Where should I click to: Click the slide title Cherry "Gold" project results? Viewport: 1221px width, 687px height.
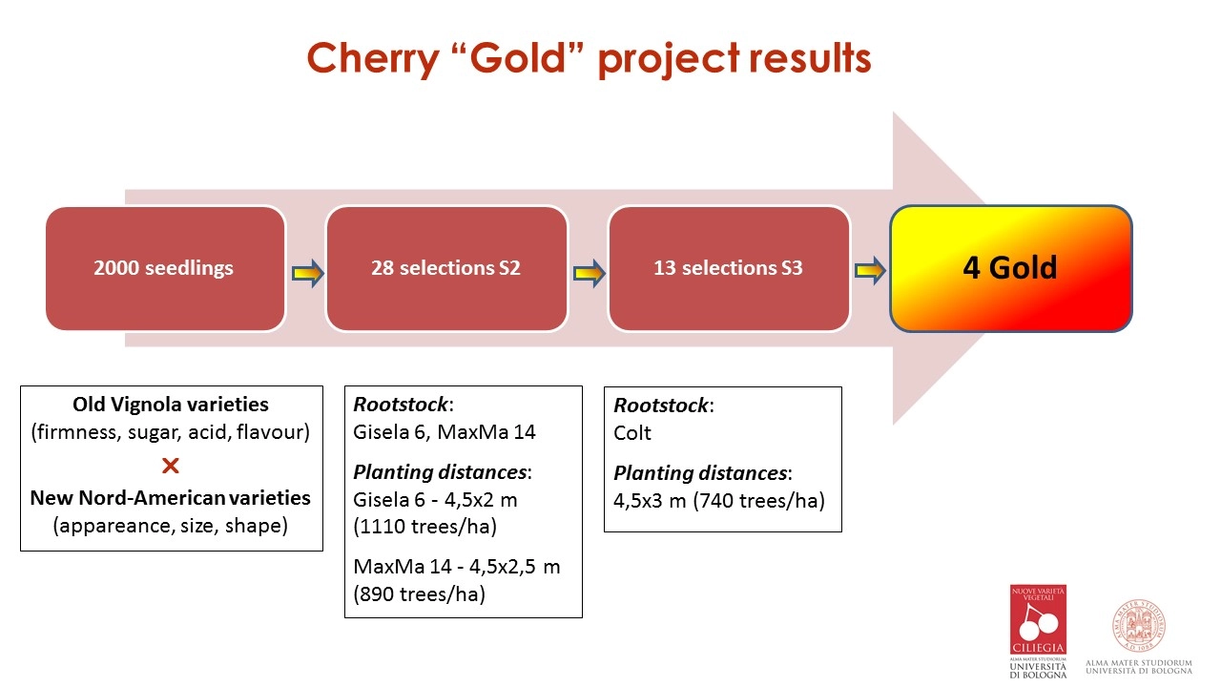pyautogui.click(x=589, y=59)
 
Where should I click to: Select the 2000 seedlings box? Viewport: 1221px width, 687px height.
pyautogui.click(x=165, y=268)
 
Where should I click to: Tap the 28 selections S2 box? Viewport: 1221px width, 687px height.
pyautogui.click(x=446, y=268)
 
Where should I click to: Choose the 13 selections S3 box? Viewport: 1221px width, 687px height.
pyautogui.click(x=729, y=268)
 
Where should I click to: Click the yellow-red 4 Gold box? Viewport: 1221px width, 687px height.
pyautogui.click(x=1011, y=268)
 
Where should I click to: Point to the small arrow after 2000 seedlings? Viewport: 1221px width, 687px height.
pyautogui.click(x=308, y=273)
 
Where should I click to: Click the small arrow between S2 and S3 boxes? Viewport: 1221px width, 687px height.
pyautogui.click(x=590, y=273)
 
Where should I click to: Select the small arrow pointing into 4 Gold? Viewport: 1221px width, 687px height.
pyautogui.click(x=871, y=270)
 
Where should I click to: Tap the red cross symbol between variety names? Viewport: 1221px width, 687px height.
pyautogui.click(x=171, y=466)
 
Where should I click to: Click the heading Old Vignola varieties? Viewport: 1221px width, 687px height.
pyautogui.click(x=171, y=405)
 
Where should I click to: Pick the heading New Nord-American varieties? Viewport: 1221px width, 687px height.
pyautogui.click(x=171, y=498)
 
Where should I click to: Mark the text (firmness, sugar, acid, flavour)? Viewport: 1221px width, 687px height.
pyautogui.click(x=171, y=432)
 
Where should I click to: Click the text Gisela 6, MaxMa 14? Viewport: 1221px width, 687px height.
pyautogui.click(x=445, y=432)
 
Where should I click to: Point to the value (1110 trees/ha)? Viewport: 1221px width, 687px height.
pyautogui.click(x=425, y=527)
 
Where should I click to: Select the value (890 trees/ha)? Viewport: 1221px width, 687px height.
pyautogui.click(x=419, y=594)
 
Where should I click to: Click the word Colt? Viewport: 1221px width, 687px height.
pyautogui.click(x=632, y=433)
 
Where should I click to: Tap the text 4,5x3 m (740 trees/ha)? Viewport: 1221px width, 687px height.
pyautogui.click(x=719, y=501)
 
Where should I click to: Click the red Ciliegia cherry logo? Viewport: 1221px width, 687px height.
pyautogui.click(x=1038, y=620)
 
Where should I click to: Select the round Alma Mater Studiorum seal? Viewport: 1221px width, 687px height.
pyautogui.click(x=1139, y=625)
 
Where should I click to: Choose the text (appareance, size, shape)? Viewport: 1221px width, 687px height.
pyautogui.click(x=171, y=526)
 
